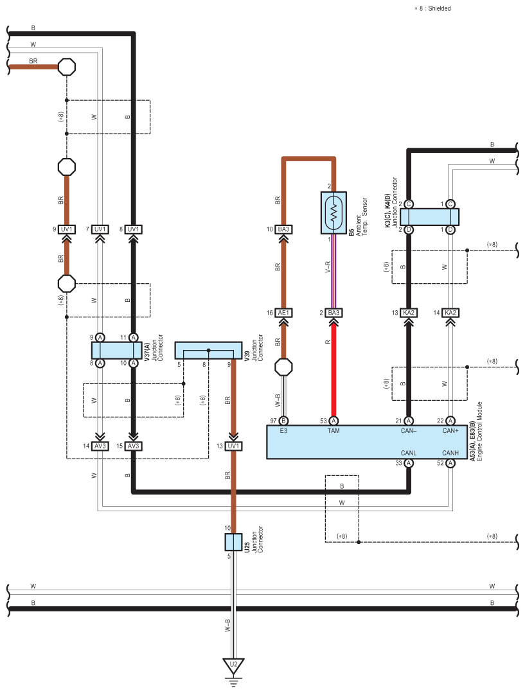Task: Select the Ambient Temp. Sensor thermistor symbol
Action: click(x=334, y=212)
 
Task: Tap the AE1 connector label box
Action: click(x=283, y=313)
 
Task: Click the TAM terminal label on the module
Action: click(x=334, y=430)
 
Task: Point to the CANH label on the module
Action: click(x=449, y=452)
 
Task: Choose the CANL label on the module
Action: click(x=409, y=452)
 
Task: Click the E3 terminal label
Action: click(x=283, y=430)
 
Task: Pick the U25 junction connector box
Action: click(x=233, y=541)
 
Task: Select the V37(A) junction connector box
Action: click(x=116, y=350)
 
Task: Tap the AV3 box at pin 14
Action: click(x=100, y=446)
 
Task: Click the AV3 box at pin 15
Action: click(x=133, y=446)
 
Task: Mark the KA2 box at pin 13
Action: click(x=409, y=313)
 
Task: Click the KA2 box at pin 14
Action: click(x=450, y=313)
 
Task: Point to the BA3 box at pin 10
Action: click(x=283, y=229)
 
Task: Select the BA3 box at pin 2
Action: click(x=334, y=313)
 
